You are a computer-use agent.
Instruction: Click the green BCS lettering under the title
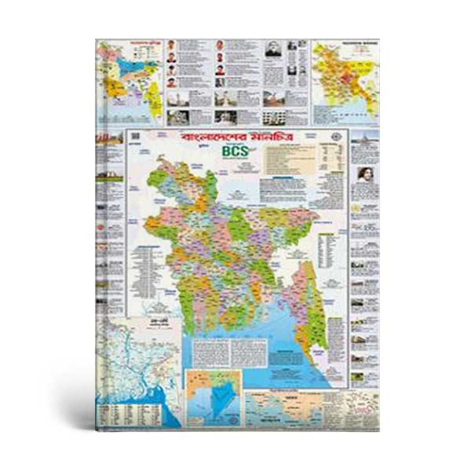point(234,152)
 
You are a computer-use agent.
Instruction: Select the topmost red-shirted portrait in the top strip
point(171,45)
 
